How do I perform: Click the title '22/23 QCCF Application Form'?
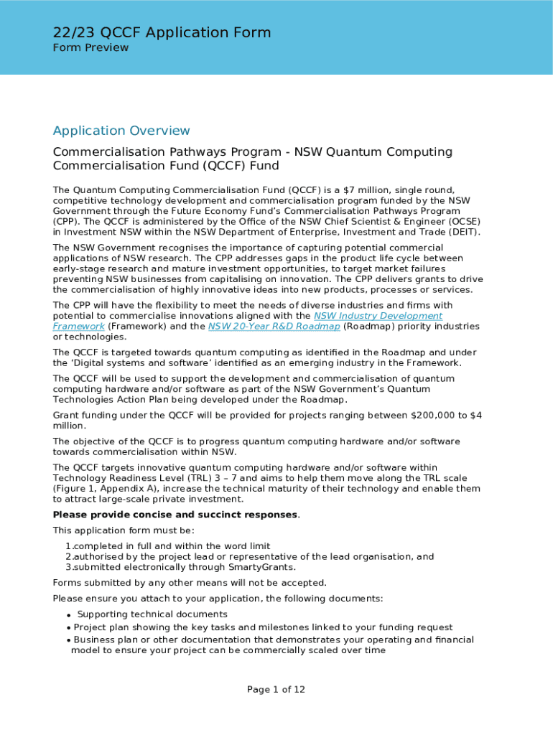tap(162, 32)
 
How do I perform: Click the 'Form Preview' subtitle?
tap(90, 48)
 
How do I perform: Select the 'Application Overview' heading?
tap(121, 131)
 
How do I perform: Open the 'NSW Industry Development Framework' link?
tap(378, 316)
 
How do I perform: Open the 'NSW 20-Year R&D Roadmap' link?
tap(274, 327)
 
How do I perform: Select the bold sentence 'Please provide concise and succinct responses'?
tap(175, 515)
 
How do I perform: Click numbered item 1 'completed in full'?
tap(167, 546)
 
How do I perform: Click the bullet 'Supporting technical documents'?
tap(152, 614)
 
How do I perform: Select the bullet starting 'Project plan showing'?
tap(263, 627)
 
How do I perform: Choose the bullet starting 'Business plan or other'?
tap(273, 640)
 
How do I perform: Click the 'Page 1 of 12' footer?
tap(276, 690)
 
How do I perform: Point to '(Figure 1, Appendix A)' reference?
tap(107, 489)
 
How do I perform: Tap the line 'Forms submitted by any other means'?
tap(190, 583)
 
